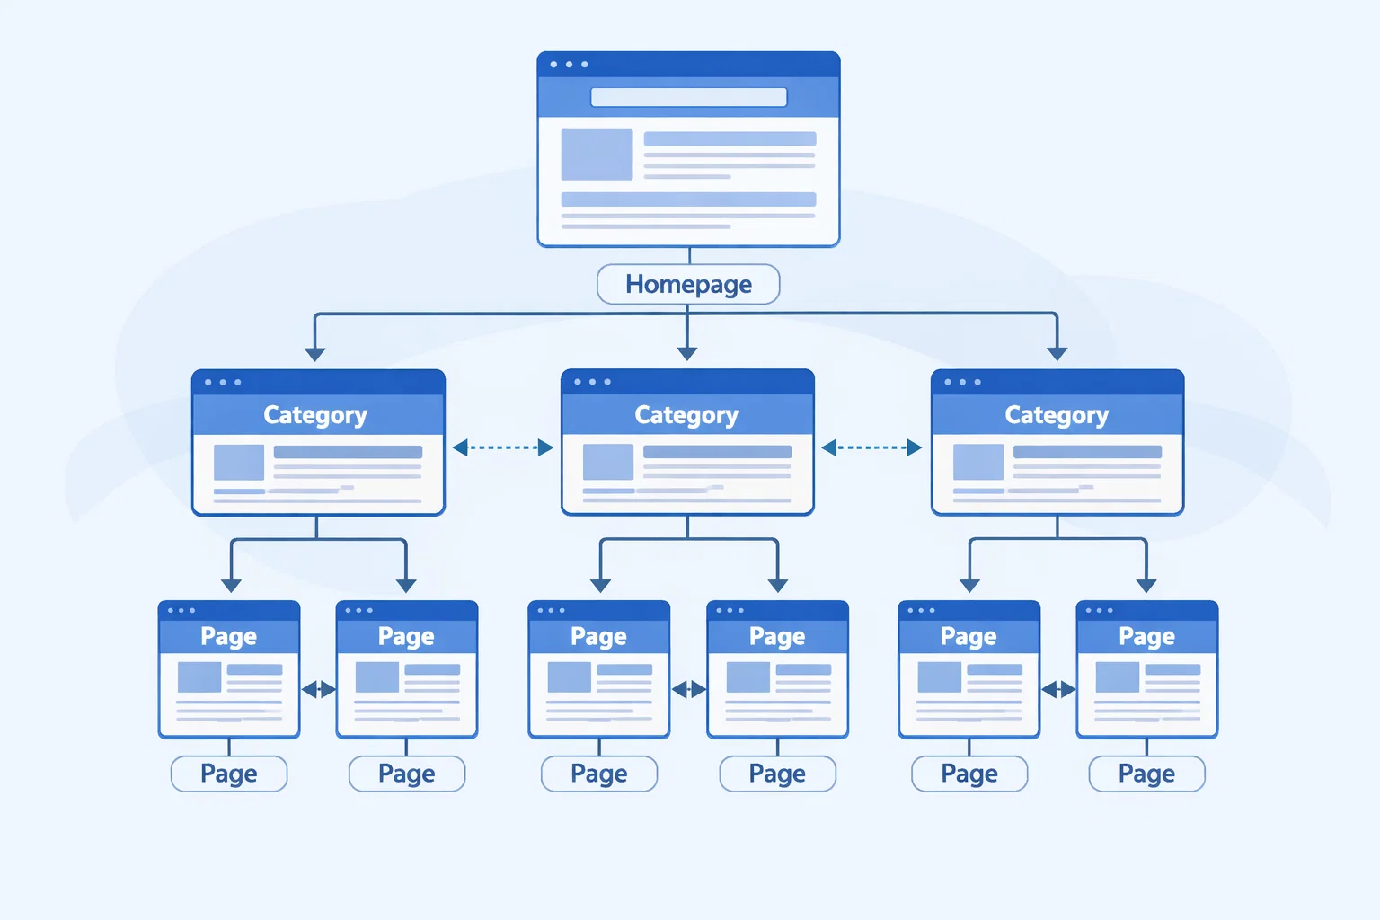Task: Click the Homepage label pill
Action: click(x=688, y=285)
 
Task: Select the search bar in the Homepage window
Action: click(x=688, y=97)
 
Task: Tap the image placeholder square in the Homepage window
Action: click(x=597, y=155)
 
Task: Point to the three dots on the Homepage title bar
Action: click(x=569, y=65)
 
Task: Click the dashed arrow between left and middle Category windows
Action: click(x=503, y=447)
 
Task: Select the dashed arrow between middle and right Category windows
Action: click(x=871, y=447)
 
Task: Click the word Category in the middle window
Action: click(x=686, y=415)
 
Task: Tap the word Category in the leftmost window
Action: click(x=315, y=415)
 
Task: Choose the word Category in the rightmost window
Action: click(x=1057, y=415)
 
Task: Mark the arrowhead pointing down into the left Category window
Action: click(x=314, y=353)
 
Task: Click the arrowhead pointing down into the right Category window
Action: click(x=1057, y=353)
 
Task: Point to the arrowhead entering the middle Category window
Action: click(x=687, y=353)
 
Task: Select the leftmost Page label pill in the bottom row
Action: click(x=229, y=774)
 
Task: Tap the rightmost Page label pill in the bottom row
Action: click(x=1146, y=774)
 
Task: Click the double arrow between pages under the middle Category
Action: click(x=689, y=689)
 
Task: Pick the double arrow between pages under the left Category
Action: click(x=318, y=689)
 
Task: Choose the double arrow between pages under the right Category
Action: click(x=1058, y=689)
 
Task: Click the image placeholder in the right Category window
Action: click(x=977, y=462)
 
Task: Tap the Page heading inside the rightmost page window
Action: click(x=1146, y=636)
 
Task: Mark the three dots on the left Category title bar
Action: click(x=223, y=383)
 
